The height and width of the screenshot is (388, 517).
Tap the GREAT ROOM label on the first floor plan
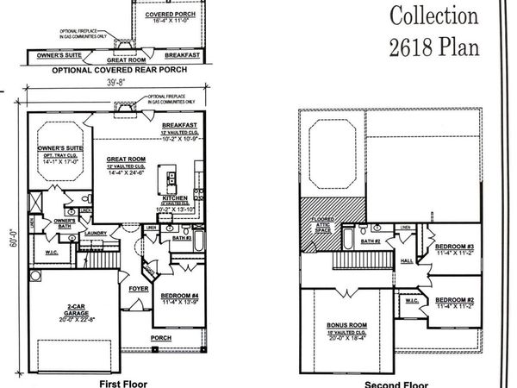[x=126, y=159]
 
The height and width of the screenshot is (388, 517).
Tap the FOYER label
[x=139, y=290]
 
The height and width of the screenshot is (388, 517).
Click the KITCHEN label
[x=178, y=198]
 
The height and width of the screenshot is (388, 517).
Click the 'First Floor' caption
[x=123, y=382]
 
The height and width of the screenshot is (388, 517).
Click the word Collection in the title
[x=433, y=15]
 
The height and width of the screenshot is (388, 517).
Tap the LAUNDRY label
[x=95, y=232]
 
